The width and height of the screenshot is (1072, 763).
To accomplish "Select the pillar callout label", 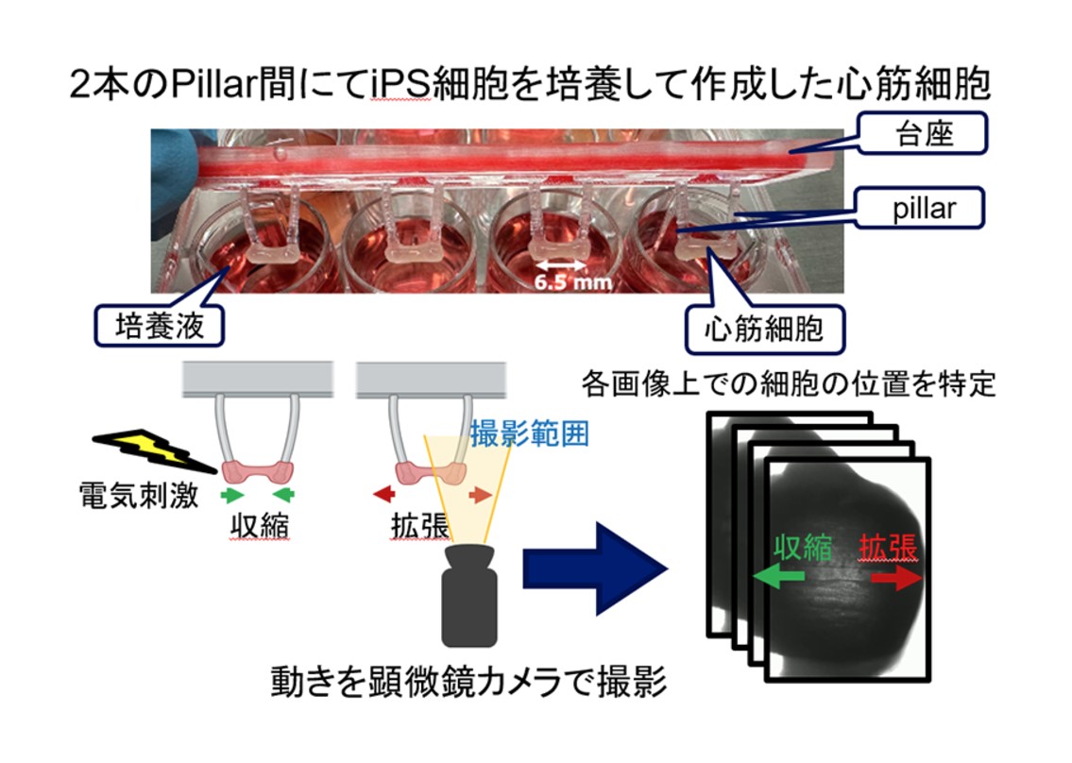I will [x=923, y=209].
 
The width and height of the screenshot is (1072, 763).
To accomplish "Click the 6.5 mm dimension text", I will [x=570, y=280].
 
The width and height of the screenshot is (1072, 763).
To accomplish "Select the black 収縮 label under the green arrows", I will [x=258, y=526].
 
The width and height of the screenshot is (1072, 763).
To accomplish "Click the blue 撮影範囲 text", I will [x=529, y=433].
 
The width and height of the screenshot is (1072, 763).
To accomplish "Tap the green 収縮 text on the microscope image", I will [x=802, y=547].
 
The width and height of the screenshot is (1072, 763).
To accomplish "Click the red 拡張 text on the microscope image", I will [x=887, y=547].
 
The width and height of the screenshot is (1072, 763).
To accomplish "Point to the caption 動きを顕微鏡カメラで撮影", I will [x=468, y=682].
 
